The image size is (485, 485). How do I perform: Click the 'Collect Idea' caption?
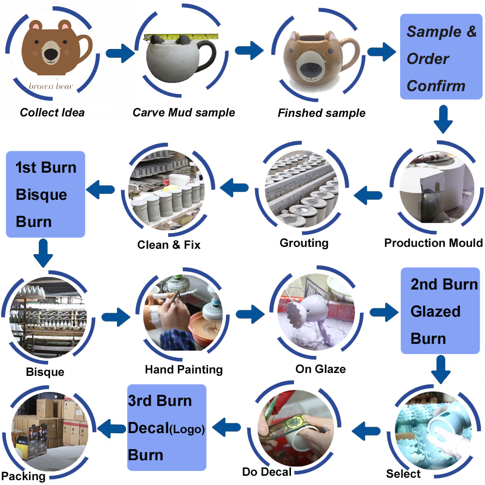click(52, 113)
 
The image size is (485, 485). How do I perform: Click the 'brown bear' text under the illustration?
click(51, 86)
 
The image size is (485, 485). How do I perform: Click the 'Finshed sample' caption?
click(322, 113)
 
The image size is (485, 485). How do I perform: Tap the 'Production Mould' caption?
click(433, 242)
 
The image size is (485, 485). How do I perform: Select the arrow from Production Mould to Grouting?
click(369, 195)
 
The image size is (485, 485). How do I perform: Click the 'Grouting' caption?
click(304, 242)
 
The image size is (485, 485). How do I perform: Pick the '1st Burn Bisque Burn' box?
click(46, 194)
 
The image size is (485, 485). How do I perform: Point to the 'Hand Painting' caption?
click(184, 370)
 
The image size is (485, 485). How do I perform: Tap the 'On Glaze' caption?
click(321, 369)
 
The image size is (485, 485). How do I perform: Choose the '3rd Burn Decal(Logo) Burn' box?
click(166, 428)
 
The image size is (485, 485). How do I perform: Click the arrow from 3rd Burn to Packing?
click(112, 428)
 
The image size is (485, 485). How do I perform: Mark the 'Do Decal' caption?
click(267, 472)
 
